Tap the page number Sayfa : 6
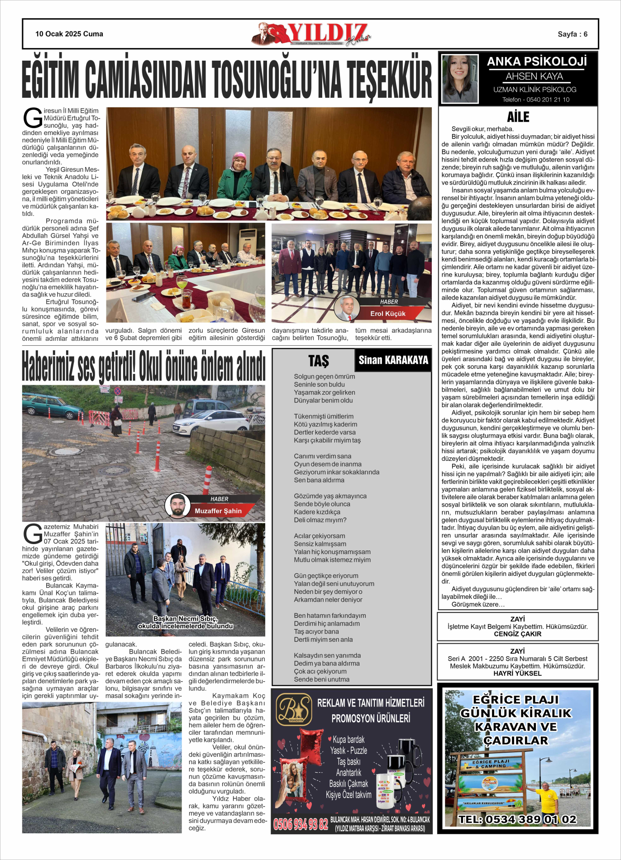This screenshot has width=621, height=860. click(572, 34)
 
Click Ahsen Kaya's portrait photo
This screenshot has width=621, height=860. click(459, 79)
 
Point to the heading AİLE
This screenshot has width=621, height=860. click(518, 117)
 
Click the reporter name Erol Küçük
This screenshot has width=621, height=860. click(388, 314)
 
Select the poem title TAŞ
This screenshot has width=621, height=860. click(318, 361)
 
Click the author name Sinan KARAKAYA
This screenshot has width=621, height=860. click(393, 360)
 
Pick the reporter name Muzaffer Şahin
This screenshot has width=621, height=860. click(218, 511)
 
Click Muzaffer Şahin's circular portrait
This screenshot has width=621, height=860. click(177, 506)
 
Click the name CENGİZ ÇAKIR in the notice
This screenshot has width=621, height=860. click(517, 634)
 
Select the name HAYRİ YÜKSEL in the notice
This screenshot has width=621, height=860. click(517, 674)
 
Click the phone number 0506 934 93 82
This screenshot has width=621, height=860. click(301, 824)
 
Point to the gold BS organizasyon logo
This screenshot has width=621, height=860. click(294, 709)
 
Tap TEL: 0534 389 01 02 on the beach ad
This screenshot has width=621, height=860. click(517, 819)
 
